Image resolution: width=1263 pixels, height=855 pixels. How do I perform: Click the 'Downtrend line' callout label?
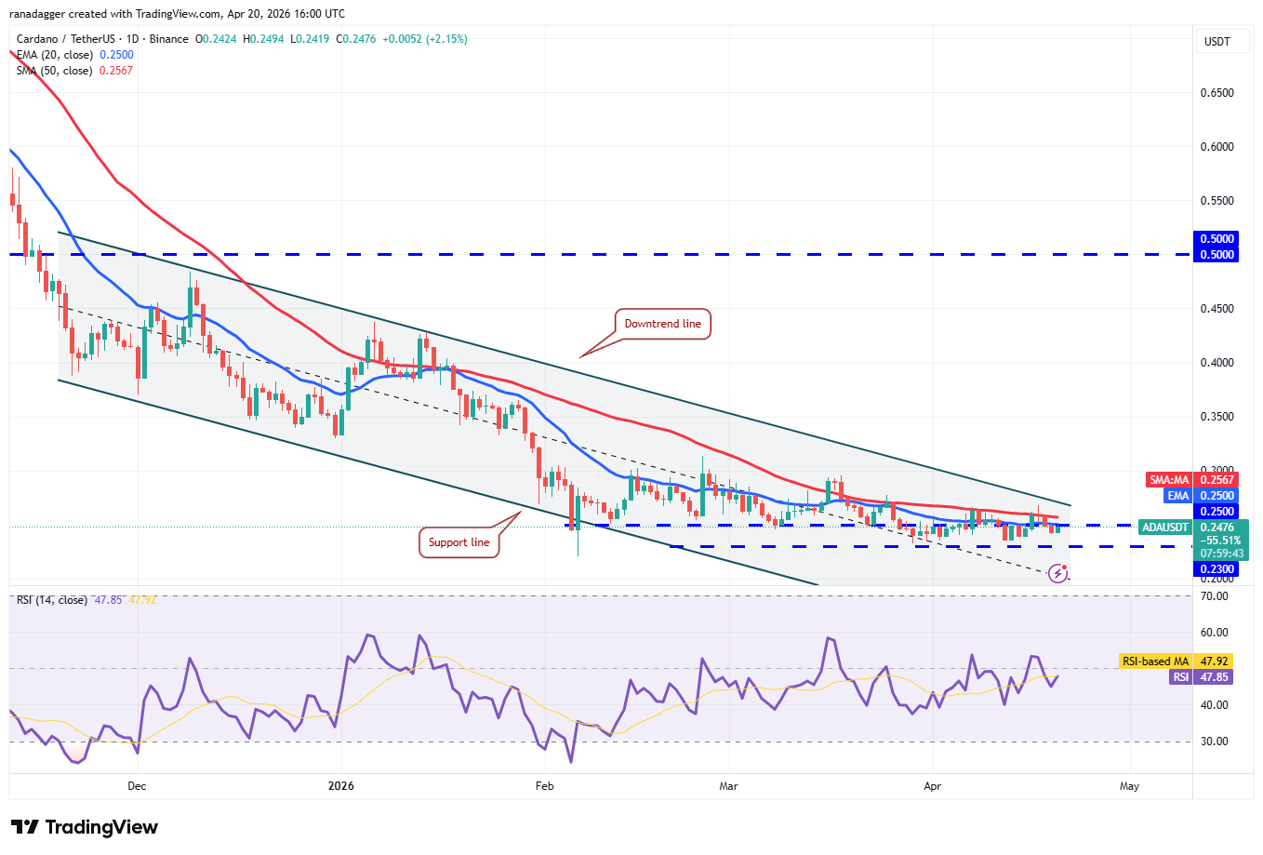pos(662,324)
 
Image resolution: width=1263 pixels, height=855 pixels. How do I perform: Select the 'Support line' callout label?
pos(459,542)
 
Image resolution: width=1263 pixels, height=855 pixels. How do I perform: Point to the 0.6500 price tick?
pos(1216,93)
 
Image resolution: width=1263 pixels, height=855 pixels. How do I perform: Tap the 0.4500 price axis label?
pos(1216,309)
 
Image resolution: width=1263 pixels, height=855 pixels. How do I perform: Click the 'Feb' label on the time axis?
pos(545,786)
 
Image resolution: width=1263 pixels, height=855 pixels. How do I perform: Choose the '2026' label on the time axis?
pos(341,786)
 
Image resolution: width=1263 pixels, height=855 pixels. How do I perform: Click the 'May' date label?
pos(1129,786)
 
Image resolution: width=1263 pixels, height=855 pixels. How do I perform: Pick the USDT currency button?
pos(1217,42)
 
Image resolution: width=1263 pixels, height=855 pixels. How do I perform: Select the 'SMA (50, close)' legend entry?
pos(55,71)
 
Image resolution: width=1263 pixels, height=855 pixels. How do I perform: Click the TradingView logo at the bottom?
pos(85,827)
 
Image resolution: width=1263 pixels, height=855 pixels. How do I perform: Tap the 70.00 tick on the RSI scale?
pos(1215,596)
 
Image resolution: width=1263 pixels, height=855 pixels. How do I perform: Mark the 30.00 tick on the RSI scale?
pos(1215,741)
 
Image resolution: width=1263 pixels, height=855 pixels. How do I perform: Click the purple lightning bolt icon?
pos(1057,573)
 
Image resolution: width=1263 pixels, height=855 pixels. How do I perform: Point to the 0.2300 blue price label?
pos(1216,569)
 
